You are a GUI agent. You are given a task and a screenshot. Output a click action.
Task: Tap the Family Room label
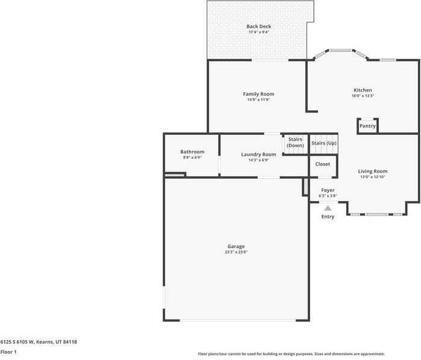click(258, 94)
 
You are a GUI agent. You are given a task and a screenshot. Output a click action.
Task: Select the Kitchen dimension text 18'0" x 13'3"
click(362, 96)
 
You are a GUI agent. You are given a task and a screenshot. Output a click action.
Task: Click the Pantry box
click(367, 126)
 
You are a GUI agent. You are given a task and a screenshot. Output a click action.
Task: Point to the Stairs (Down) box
click(295, 143)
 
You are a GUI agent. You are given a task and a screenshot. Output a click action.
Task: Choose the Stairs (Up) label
click(323, 143)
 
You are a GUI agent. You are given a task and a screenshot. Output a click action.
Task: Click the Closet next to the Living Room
click(323, 164)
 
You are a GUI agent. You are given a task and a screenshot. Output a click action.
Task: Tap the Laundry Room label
click(258, 154)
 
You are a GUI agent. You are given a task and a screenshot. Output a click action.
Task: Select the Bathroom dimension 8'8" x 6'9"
click(192, 157)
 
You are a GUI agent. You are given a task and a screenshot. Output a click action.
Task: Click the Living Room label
click(372, 171)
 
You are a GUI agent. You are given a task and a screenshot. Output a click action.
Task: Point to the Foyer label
click(328, 190)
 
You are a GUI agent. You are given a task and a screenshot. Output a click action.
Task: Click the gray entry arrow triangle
click(328, 207)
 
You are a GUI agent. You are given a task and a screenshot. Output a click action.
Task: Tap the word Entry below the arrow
click(328, 217)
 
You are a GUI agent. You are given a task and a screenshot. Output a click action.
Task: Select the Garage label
click(236, 246)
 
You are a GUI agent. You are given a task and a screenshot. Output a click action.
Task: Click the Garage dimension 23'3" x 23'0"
click(236, 252)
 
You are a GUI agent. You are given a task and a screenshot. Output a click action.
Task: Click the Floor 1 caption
click(8, 352)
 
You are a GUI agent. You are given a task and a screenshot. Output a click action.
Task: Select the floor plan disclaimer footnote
click(292, 354)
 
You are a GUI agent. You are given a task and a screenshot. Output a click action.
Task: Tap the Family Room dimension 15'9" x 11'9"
click(258, 100)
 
